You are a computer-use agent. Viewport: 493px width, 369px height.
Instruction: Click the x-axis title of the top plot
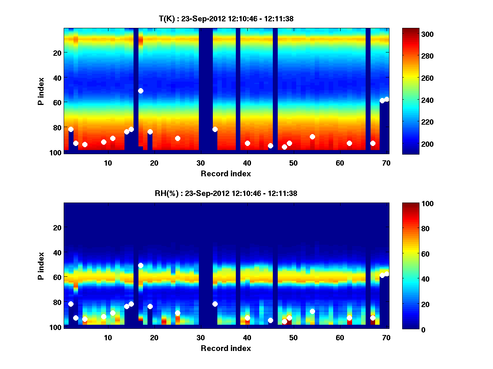coord(226,173)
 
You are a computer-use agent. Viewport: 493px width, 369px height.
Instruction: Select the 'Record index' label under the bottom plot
coord(226,348)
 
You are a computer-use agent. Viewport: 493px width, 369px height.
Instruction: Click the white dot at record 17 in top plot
coord(141,91)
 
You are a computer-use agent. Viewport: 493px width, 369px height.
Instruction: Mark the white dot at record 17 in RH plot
coord(141,266)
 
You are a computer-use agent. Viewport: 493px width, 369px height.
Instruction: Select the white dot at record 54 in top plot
coord(312,137)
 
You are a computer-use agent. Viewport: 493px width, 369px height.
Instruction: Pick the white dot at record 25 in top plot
coord(177,138)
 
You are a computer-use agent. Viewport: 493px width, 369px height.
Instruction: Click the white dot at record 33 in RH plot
coord(215,304)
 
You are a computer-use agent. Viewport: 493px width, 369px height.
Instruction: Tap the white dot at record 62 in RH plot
coord(349,318)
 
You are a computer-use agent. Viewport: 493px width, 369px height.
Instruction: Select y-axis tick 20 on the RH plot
coord(57,228)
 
